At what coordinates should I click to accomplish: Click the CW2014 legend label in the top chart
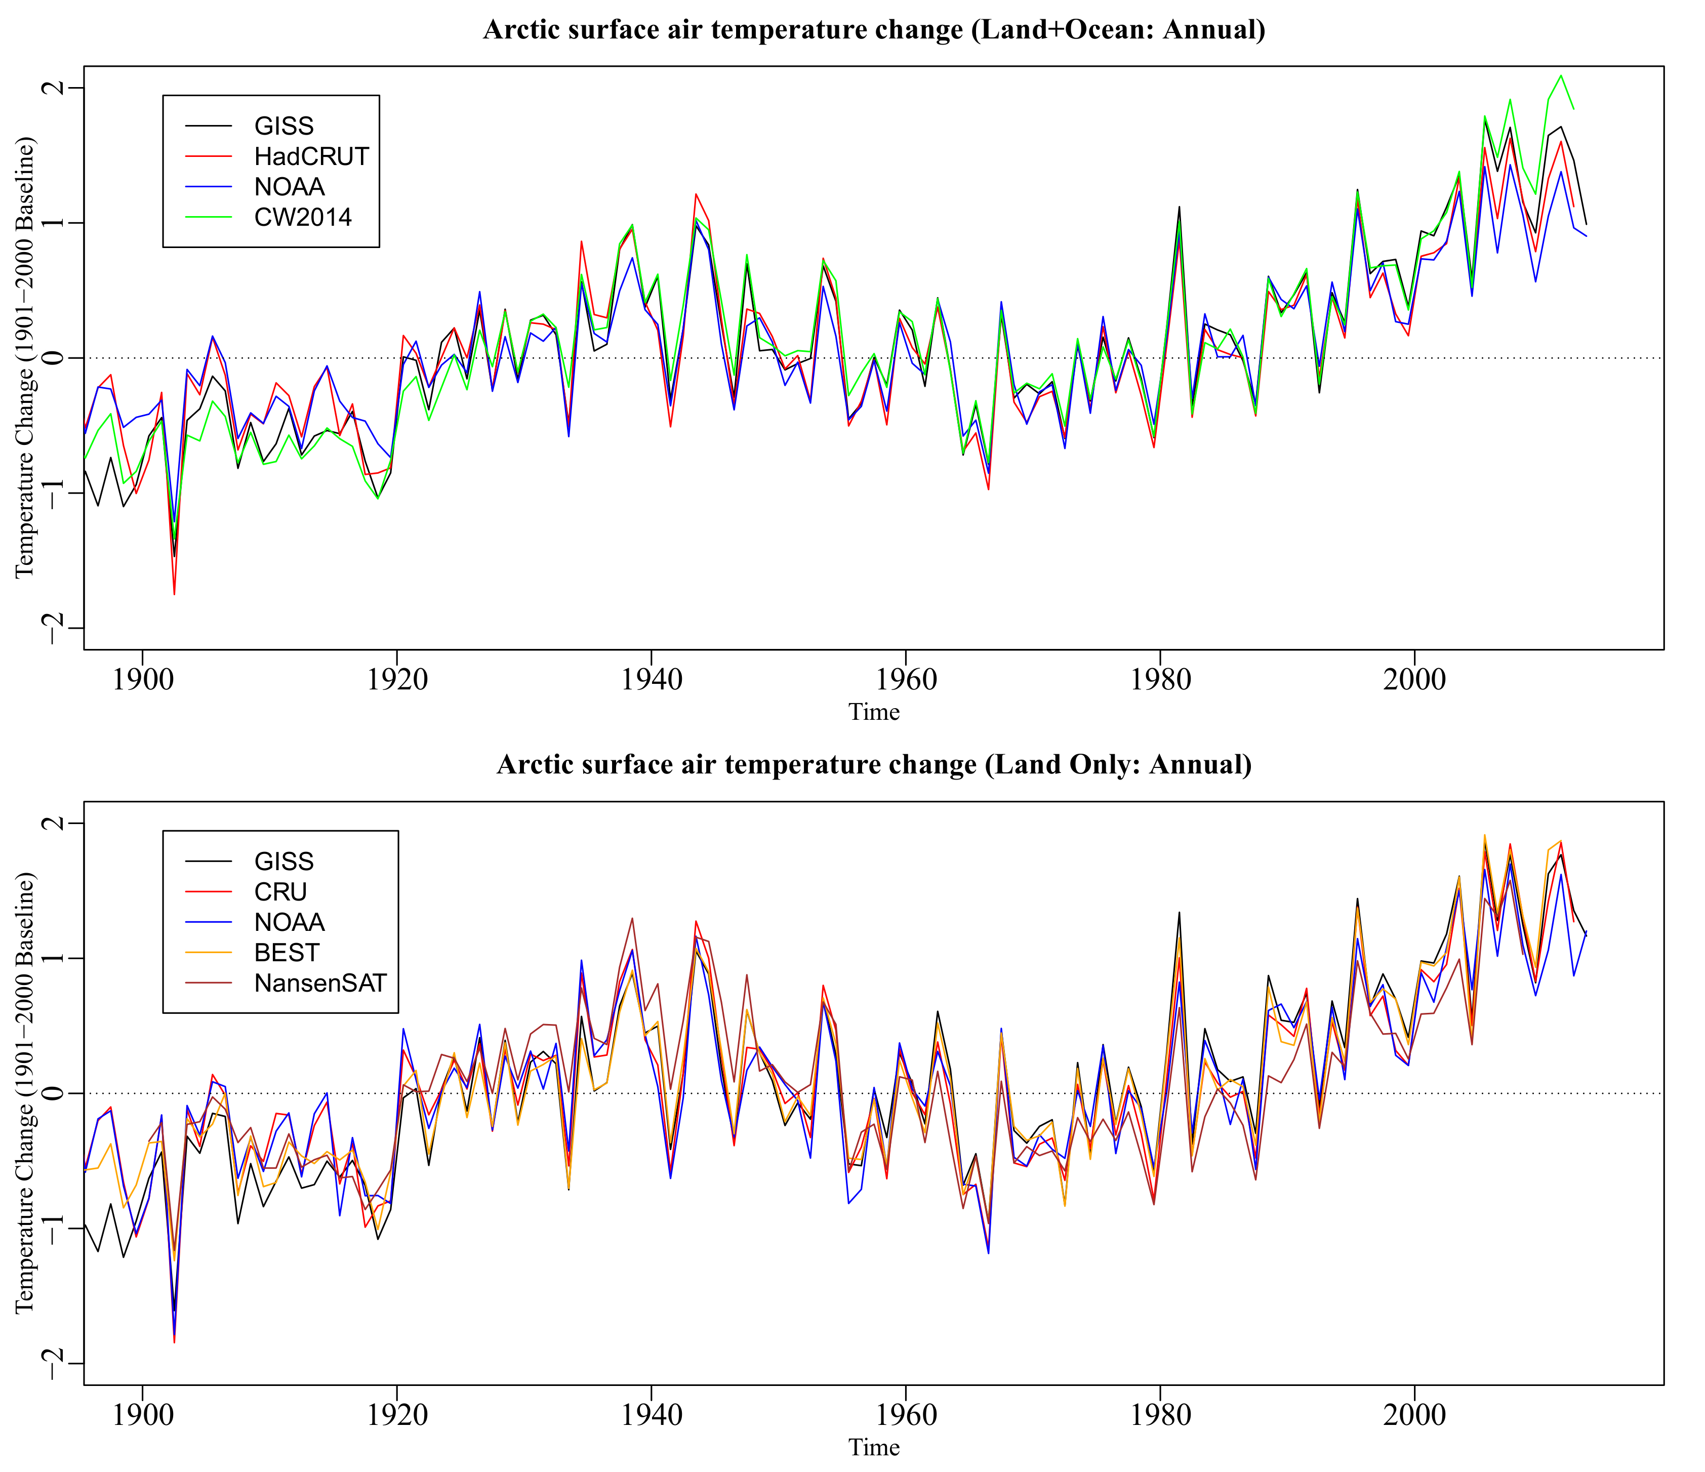(303, 217)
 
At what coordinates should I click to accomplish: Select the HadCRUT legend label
(311, 156)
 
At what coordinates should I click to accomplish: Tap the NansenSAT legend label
(320, 983)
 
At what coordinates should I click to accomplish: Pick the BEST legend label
(287, 953)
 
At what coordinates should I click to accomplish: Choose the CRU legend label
(280, 892)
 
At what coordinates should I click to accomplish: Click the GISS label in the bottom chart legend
(284, 862)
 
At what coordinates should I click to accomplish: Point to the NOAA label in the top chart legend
(290, 187)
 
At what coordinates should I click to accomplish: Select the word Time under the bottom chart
(874, 1447)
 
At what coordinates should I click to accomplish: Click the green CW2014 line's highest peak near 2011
(1561, 76)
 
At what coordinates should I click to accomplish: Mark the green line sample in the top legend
(208, 217)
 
